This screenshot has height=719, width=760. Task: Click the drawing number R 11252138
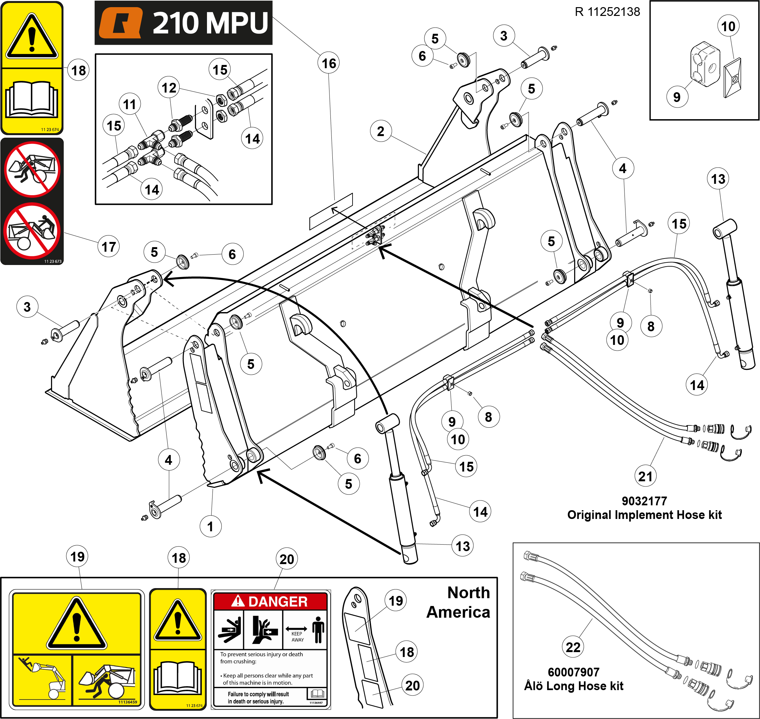607,12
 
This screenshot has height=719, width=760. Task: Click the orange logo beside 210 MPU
121,23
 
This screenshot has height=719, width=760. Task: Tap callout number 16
328,63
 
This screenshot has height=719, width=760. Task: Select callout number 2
380,131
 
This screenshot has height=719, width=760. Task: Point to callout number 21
645,476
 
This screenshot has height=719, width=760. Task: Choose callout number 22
573,647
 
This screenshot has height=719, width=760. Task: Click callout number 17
109,246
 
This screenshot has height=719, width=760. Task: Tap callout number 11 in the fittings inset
130,104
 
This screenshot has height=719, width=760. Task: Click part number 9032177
644,501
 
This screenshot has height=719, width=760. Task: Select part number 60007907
573,672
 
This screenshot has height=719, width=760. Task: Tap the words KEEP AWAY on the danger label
297,637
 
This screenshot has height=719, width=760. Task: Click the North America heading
458,602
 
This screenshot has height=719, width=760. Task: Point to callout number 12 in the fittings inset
169,88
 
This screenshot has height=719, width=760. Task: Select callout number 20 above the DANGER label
287,559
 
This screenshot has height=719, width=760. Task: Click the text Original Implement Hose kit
644,515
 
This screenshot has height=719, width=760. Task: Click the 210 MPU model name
210,23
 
